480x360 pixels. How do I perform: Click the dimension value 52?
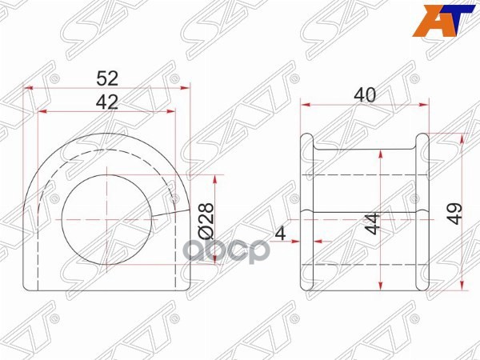[107, 78]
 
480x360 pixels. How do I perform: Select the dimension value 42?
[107, 102]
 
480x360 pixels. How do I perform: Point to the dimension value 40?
[364, 94]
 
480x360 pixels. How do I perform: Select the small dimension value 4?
[280, 234]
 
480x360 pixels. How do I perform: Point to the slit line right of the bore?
[164, 214]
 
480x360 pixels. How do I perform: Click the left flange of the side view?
[306, 211]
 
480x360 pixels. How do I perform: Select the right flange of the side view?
[423, 211]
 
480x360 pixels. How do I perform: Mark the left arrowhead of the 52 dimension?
[30, 87]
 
